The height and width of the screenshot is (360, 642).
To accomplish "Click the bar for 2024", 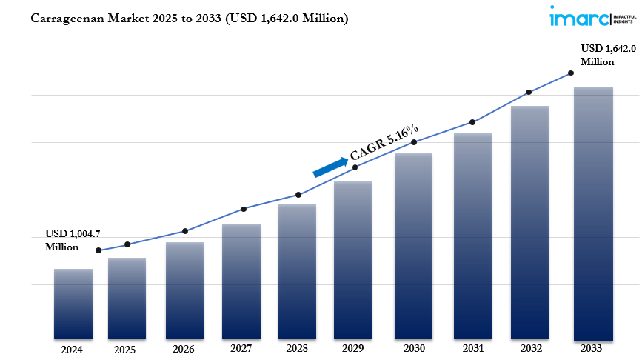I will pyautogui.click(x=73, y=304).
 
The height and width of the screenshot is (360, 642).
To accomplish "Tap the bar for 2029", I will pyautogui.click(x=352, y=260).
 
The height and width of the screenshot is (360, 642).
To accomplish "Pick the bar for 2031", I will pyautogui.click(x=472, y=236).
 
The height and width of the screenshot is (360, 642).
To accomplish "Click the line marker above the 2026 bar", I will pyautogui.click(x=185, y=231).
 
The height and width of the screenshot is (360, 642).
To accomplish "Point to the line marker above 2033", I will pyautogui.click(x=571, y=73).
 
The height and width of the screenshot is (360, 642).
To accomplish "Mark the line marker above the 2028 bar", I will pyautogui.click(x=298, y=195).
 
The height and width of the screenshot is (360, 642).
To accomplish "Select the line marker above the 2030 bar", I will pyautogui.click(x=415, y=141).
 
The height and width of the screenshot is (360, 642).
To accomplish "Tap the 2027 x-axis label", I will pyautogui.click(x=241, y=348).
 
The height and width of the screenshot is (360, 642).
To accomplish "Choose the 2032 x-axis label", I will pyautogui.click(x=529, y=348).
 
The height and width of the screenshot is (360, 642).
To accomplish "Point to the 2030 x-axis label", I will pyautogui.click(x=414, y=348).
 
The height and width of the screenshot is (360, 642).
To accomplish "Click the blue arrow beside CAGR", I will pyautogui.click(x=330, y=167).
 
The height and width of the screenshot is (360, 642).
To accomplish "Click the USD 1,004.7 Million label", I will pyautogui.click(x=72, y=240).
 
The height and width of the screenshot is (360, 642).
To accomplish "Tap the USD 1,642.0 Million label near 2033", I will pyautogui.click(x=607, y=55).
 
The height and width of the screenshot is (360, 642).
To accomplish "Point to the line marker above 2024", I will pyautogui.click(x=98, y=250).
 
